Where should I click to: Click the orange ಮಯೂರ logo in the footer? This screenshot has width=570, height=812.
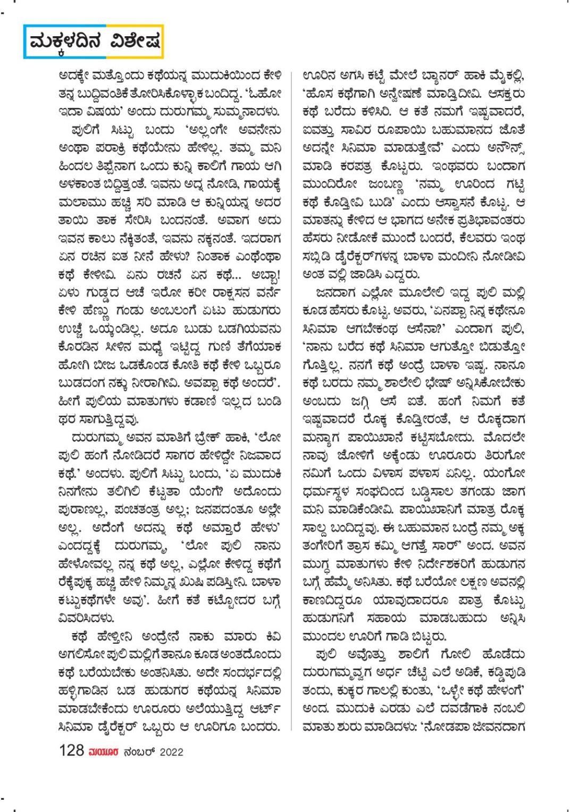103,752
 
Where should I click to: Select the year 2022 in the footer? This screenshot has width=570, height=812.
171,752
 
